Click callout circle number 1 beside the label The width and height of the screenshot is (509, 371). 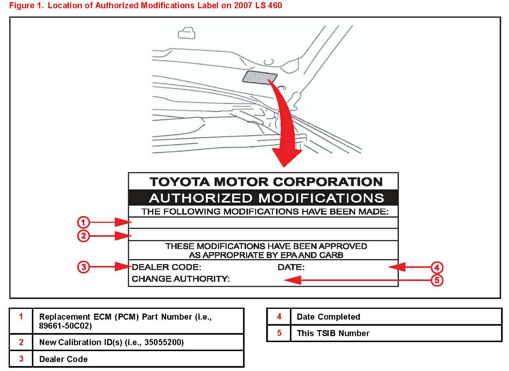tap(83, 222)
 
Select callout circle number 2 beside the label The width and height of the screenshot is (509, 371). tap(83, 236)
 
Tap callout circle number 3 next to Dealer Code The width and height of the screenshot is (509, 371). tap(83, 267)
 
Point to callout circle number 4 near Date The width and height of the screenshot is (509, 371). tap(437, 267)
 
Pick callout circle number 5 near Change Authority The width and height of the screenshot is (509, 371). tap(437, 280)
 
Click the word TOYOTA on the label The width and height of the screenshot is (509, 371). tap(180, 182)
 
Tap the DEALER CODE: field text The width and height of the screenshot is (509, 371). tap(167, 267)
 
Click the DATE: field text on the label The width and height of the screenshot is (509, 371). tap(291, 267)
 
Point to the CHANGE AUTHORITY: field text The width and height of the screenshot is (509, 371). tap(180, 279)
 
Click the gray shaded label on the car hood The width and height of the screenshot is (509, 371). tap(260, 77)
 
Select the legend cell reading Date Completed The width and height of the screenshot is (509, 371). tap(328, 317)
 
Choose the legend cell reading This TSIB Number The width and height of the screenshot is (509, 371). tap(333, 333)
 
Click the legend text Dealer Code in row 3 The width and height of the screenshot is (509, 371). tap(63, 359)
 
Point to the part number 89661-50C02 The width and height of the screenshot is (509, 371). tap(65, 326)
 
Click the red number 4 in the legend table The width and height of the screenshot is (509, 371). tap(279, 317)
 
